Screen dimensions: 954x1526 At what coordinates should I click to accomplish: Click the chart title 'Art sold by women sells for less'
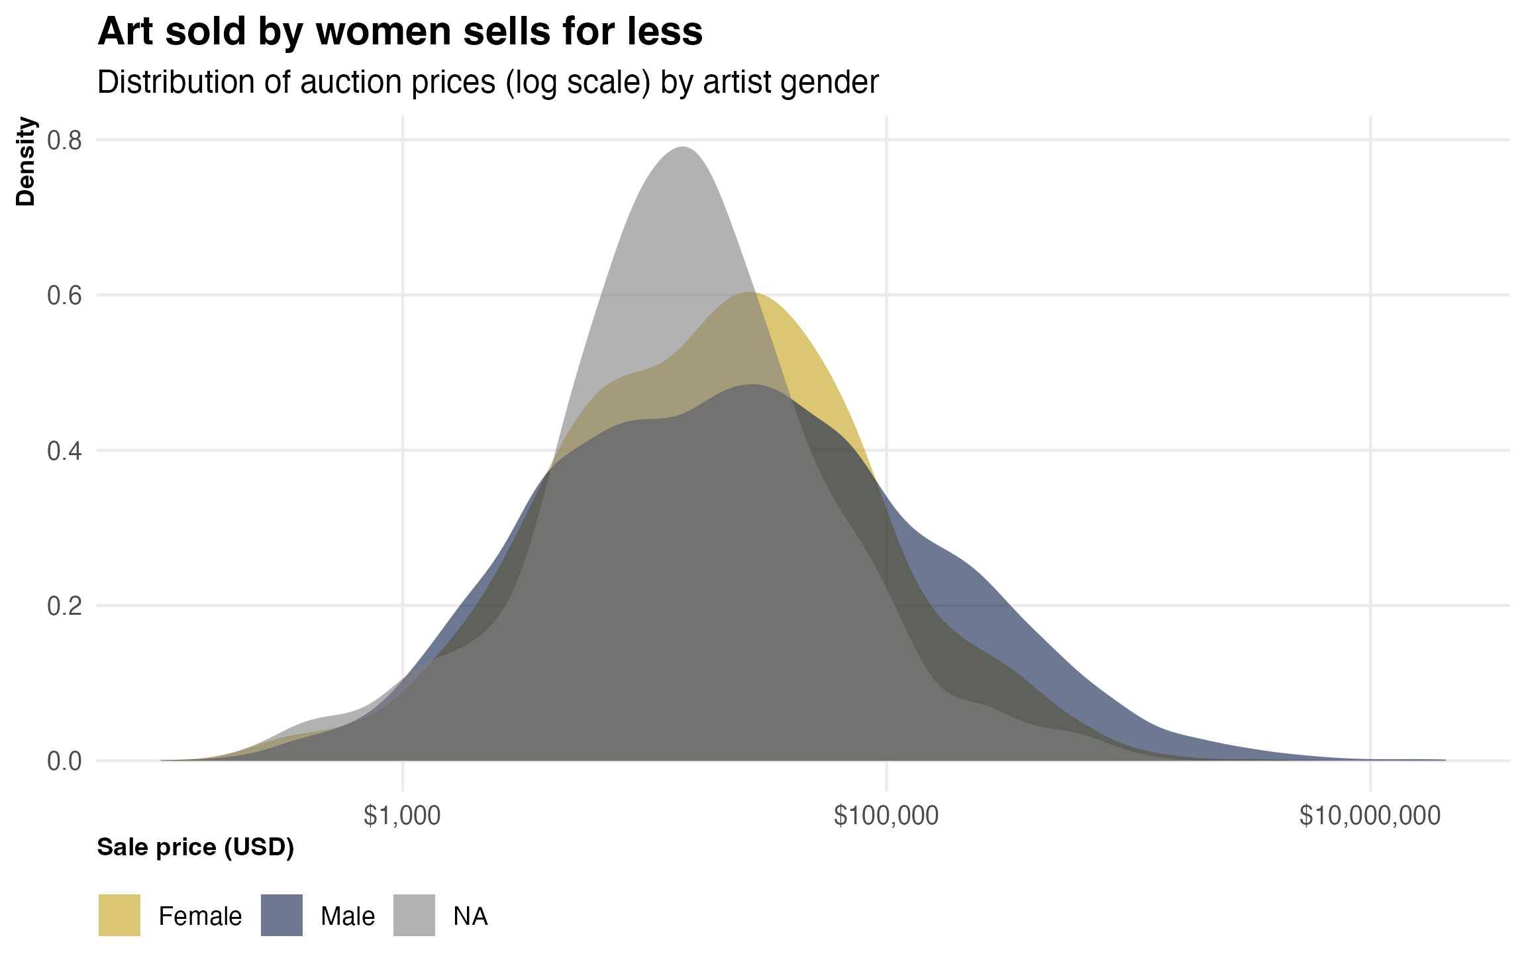[400, 31]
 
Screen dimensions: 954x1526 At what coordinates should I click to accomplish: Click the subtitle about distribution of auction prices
[487, 83]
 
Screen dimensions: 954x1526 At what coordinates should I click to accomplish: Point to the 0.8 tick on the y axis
[64, 140]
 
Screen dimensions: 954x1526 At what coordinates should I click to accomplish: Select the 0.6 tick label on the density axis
[64, 295]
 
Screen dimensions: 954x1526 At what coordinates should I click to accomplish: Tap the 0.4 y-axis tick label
[64, 451]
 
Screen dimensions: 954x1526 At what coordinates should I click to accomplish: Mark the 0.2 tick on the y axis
[64, 606]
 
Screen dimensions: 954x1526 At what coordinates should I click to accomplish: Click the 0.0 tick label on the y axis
[64, 761]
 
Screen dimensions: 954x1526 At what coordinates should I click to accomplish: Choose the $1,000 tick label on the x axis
[402, 816]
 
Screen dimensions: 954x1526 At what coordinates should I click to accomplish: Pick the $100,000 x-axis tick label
[886, 816]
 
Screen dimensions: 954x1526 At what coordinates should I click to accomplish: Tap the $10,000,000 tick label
[1370, 816]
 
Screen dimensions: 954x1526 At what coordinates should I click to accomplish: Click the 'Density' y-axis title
[26, 161]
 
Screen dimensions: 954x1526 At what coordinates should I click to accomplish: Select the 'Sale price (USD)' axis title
[195, 847]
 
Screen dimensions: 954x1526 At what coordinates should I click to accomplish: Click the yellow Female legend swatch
[119, 915]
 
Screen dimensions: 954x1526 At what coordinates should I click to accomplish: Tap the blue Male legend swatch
[281, 915]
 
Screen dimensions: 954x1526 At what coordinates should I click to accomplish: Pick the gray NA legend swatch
[414, 915]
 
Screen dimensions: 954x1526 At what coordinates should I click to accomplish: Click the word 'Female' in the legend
[200, 916]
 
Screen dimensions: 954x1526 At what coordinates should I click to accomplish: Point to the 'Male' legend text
[348, 916]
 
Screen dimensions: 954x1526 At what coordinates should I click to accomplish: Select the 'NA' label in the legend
[470, 916]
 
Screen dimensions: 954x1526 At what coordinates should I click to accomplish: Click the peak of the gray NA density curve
[682, 148]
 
